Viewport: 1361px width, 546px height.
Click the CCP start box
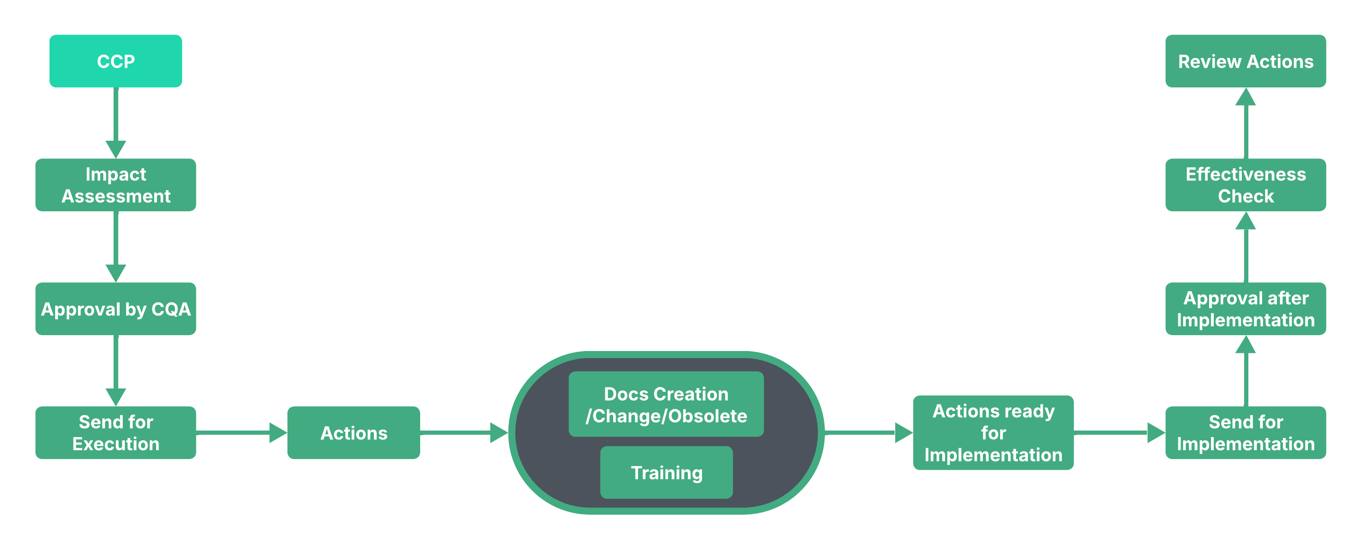click(116, 61)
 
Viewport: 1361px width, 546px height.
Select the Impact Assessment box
click(116, 185)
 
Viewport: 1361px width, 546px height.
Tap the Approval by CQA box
click(116, 309)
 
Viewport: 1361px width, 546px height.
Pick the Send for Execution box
click(116, 432)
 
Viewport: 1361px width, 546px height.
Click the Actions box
click(353, 432)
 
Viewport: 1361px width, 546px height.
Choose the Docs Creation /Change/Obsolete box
click(666, 404)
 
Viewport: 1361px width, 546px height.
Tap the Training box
click(666, 473)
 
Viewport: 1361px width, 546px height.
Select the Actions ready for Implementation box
click(993, 432)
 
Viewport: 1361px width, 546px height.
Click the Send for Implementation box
click(1245, 432)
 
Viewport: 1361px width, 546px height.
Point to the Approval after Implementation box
click(1245, 309)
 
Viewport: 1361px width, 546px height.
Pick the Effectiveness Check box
click(1245, 185)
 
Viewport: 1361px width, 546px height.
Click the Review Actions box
click(1245, 61)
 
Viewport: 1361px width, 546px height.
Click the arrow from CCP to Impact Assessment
click(116, 122)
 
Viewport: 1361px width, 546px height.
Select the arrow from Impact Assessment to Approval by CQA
click(116, 246)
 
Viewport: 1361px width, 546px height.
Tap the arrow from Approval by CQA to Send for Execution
click(116, 370)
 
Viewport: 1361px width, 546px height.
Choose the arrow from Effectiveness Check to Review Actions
click(1245, 122)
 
